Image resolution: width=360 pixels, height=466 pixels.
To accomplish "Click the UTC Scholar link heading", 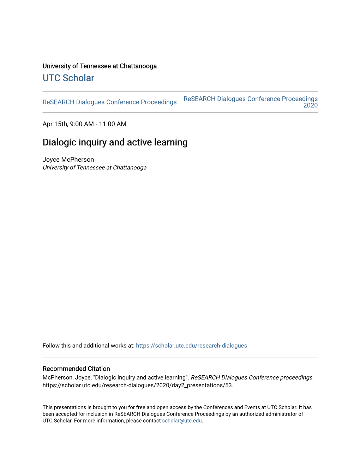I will tap(68, 78).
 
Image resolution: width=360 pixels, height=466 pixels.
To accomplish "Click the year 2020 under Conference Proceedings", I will tap(310, 106).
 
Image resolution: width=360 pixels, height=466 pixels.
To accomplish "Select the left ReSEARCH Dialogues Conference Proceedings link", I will tap(109, 102).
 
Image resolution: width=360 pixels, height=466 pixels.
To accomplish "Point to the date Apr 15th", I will tap(55, 124).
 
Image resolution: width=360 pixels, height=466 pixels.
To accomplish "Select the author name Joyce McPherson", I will tap(68, 160).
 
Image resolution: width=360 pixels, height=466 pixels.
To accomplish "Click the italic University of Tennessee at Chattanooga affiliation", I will tap(95, 168).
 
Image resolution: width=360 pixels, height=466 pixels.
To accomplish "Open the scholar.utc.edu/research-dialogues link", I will tap(191, 346).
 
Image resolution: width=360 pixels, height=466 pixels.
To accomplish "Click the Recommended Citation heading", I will tap(76, 369).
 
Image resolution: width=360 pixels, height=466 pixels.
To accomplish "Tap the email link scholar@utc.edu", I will tap(182, 421).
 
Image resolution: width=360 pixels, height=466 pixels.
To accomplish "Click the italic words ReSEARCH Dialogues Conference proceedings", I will tap(251, 377).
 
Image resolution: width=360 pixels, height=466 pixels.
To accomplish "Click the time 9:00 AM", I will tap(82, 124).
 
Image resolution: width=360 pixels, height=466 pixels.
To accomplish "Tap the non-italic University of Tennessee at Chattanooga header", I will tap(100, 66).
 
